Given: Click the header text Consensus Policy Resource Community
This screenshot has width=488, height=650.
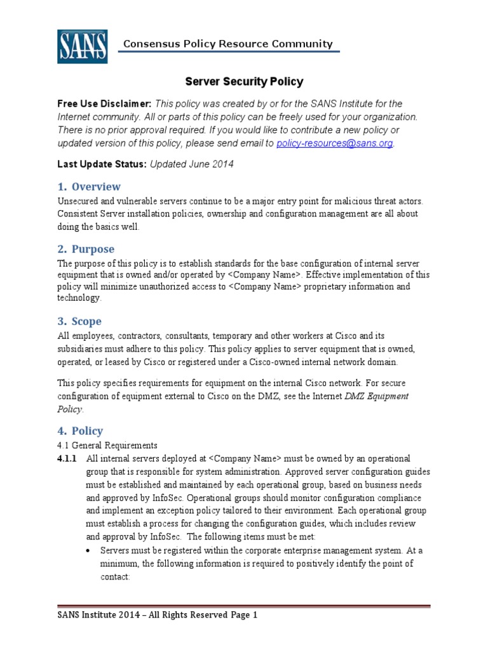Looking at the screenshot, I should (x=227, y=44).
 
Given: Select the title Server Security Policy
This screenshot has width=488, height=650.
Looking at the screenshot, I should (x=244, y=82).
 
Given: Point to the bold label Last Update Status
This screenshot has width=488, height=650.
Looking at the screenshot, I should (x=102, y=164).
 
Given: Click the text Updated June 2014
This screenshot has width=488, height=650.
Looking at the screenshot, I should (x=192, y=164).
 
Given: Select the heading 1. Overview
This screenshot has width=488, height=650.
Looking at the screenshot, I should (x=89, y=187).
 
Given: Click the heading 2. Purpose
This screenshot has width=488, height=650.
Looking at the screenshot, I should (x=86, y=249).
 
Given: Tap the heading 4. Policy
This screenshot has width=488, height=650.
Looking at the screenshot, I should (x=80, y=430).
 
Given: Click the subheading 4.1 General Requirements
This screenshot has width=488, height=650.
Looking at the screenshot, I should (x=107, y=445).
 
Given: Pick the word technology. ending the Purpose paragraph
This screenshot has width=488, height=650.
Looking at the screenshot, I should (x=79, y=298).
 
